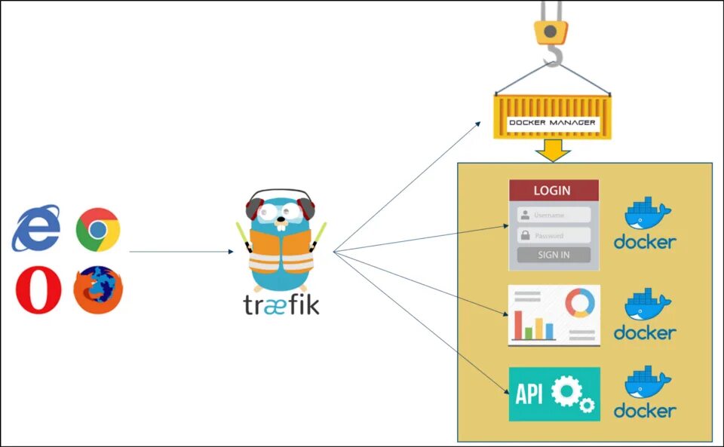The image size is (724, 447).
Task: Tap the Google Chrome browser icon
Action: (97, 229)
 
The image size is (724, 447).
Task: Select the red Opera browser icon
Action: (38, 290)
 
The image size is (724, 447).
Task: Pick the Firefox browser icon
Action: (98, 290)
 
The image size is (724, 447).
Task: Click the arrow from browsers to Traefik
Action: (181, 252)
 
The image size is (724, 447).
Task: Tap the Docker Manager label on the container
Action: (553, 122)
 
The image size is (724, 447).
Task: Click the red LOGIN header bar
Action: (554, 191)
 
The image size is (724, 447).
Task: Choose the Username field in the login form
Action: (554, 215)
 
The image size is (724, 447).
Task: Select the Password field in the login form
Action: (554, 235)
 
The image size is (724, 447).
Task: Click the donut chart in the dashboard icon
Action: (579, 302)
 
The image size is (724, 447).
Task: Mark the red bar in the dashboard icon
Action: (518, 325)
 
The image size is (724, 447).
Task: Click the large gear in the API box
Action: (565, 391)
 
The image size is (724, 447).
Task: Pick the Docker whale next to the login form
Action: (647, 213)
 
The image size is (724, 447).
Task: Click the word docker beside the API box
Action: (645, 411)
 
